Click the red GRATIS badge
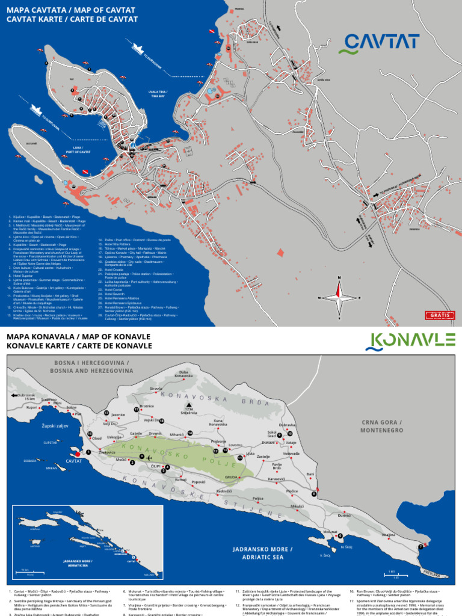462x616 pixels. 441,315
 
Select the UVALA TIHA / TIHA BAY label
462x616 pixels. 159,94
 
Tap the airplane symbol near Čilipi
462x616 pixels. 149,458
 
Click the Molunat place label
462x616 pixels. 330,532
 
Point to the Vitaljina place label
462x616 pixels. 389,535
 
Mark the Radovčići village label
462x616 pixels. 224,491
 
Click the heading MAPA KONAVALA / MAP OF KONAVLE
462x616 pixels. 78,336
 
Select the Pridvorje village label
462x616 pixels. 218,441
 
